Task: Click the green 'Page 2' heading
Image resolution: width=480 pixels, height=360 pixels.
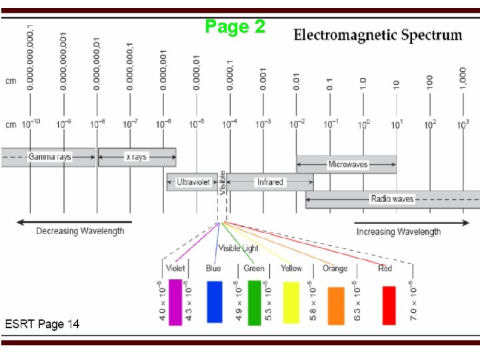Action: (235, 27)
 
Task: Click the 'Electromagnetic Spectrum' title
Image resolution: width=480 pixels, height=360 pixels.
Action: (378, 35)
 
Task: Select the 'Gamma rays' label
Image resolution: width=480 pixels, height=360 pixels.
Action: (49, 157)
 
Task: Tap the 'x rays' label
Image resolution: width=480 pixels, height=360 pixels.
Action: (136, 157)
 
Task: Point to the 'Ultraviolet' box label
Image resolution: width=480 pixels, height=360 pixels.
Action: (193, 181)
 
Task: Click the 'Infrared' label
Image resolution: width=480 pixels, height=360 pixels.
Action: (269, 181)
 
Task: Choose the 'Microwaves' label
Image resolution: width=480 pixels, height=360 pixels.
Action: (347, 164)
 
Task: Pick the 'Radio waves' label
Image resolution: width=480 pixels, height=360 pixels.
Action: (392, 199)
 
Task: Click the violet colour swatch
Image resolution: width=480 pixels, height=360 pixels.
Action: (175, 302)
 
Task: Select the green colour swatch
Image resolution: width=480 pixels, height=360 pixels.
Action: (254, 303)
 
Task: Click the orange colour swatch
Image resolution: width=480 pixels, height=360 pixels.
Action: (336, 305)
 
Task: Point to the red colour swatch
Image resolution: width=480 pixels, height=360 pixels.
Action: (389, 305)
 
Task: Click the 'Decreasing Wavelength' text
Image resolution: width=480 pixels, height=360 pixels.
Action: (80, 231)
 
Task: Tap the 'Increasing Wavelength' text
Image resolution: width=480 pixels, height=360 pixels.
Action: (398, 232)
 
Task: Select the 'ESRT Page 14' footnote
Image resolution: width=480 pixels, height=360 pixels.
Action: (43, 324)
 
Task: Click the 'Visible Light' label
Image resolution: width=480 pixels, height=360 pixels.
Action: (239, 249)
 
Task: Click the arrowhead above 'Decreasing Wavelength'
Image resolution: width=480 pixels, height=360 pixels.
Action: (20, 221)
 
